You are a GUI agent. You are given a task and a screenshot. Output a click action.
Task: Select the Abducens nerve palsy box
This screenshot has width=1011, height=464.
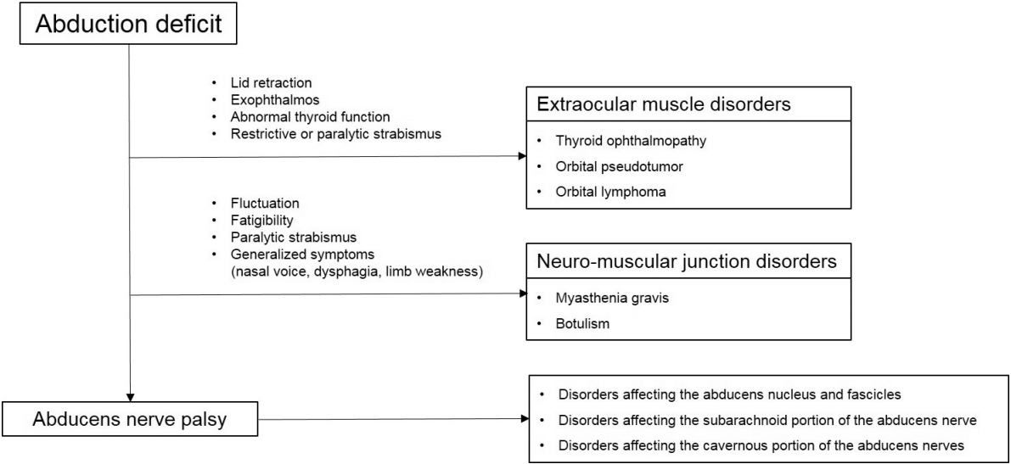pos(130,420)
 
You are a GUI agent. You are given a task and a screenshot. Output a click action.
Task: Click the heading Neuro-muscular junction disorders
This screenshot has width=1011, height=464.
pos(687,261)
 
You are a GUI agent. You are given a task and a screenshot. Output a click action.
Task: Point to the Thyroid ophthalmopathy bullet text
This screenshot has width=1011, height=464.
pos(631,141)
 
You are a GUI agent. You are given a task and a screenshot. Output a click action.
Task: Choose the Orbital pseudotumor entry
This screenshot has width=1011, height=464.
pos(619,166)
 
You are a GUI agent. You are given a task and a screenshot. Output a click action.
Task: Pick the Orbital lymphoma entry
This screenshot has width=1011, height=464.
pos(611,192)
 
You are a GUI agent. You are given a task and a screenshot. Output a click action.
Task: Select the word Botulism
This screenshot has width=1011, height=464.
pos(582,323)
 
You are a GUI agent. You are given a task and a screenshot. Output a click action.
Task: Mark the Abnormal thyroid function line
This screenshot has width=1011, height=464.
pos(310,118)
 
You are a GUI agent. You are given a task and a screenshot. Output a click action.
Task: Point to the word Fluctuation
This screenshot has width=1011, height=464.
pos(264,204)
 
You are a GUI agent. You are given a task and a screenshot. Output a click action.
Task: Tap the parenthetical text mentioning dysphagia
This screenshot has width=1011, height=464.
pos(357,272)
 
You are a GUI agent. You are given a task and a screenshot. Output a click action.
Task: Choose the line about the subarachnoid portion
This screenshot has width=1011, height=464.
pos(767,420)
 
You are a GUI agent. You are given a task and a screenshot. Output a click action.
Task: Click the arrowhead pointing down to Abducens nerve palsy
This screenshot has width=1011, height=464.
pos(130,397)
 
